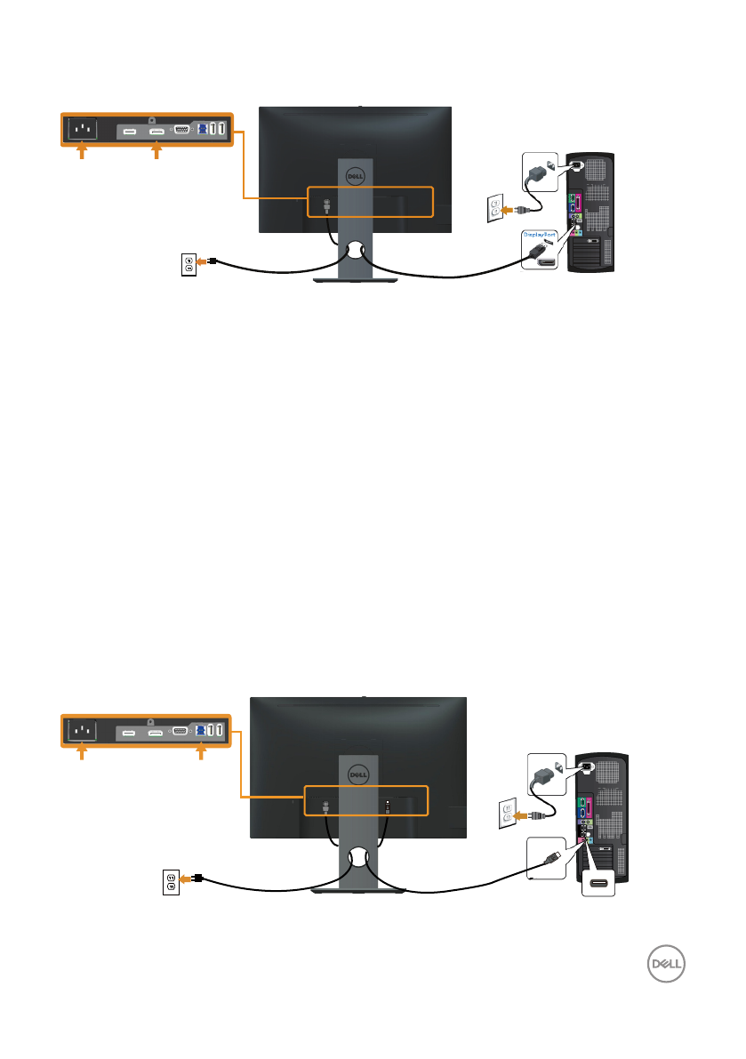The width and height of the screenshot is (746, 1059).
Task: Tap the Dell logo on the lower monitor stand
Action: pyautogui.click(x=357, y=774)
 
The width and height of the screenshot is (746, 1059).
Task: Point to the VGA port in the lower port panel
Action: pyautogui.click(x=179, y=732)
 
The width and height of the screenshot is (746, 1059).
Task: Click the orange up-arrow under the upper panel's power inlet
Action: pyautogui.click(x=82, y=154)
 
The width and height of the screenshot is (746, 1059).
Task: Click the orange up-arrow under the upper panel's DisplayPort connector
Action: pyautogui.click(x=156, y=154)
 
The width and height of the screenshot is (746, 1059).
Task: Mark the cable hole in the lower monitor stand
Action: pyautogui.click(x=357, y=858)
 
